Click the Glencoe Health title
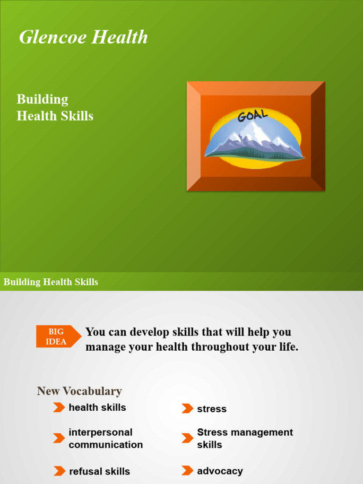coord(83,37)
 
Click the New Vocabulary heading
coord(79,391)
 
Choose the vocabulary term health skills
coord(97,407)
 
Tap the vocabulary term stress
coord(212,409)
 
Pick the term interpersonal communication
coord(105,438)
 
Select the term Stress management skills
coord(244,438)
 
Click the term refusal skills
coord(99,471)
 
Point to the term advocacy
coord(220,471)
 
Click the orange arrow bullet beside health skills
coord(59,407)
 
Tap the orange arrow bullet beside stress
coord(187,409)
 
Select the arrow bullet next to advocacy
coord(187,471)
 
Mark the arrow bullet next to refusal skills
coord(59,471)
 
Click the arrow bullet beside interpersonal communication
coord(59,438)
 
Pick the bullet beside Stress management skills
coord(187,438)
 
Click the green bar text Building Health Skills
coord(51,282)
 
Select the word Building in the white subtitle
coord(43,99)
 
